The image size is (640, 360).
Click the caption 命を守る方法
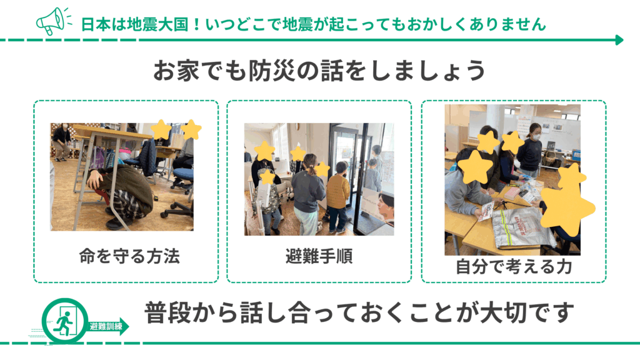click(x=129, y=257)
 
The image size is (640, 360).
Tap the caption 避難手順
click(x=319, y=257)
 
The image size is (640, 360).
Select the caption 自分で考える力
click(x=514, y=267)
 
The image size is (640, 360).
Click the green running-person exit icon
click(x=65, y=321)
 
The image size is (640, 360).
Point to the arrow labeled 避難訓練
click(x=107, y=326)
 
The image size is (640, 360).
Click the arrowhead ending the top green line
click(x=619, y=40)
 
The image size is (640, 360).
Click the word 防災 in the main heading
click(x=266, y=70)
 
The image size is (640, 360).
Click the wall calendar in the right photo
click(x=524, y=122)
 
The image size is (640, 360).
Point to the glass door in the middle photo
click(x=347, y=171)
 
